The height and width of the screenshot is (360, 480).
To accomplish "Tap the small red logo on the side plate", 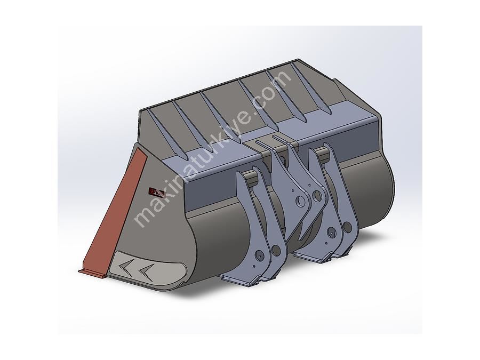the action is pyautogui.click(x=157, y=192).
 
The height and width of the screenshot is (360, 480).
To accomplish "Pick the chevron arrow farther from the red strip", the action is pyautogui.click(x=146, y=272).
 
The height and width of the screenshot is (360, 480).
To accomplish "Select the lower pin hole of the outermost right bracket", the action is pyautogui.click(x=347, y=227).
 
